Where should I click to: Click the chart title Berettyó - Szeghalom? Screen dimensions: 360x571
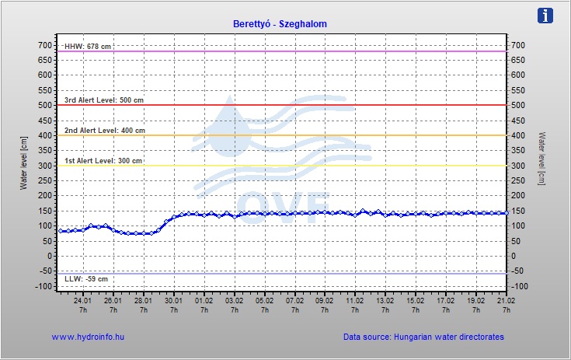(x=280, y=24)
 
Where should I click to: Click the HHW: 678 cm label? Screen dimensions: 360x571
(x=88, y=47)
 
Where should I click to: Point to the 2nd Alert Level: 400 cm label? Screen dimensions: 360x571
(x=104, y=131)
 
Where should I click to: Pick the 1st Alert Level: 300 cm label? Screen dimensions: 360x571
(x=103, y=161)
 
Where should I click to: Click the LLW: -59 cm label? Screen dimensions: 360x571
(x=86, y=278)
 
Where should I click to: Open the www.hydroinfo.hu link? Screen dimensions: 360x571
(x=88, y=337)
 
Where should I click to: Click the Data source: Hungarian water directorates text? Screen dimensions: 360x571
(x=423, y=337)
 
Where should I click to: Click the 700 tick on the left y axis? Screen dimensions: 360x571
(x=44, y=45)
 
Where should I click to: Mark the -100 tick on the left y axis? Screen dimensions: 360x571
(x=43, y=286)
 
